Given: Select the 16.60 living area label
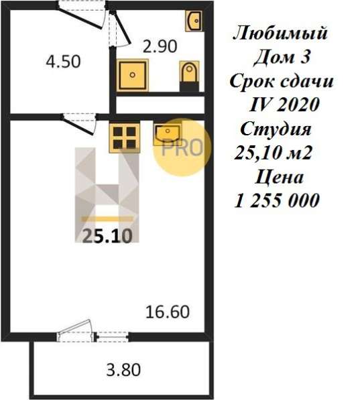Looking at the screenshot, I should (x=168, y=312).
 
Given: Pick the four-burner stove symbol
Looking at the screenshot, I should (x=125, y=137).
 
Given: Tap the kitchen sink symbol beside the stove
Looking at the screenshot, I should (x=167, y=133).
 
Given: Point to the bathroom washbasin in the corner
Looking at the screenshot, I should (x=194, y=21).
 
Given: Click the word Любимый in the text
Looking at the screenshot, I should (x=282, y=33).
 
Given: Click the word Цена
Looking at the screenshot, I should (x=280, y=177).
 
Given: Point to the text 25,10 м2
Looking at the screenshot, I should (x=275, y=153).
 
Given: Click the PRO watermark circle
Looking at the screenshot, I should (x=182, y=147).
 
